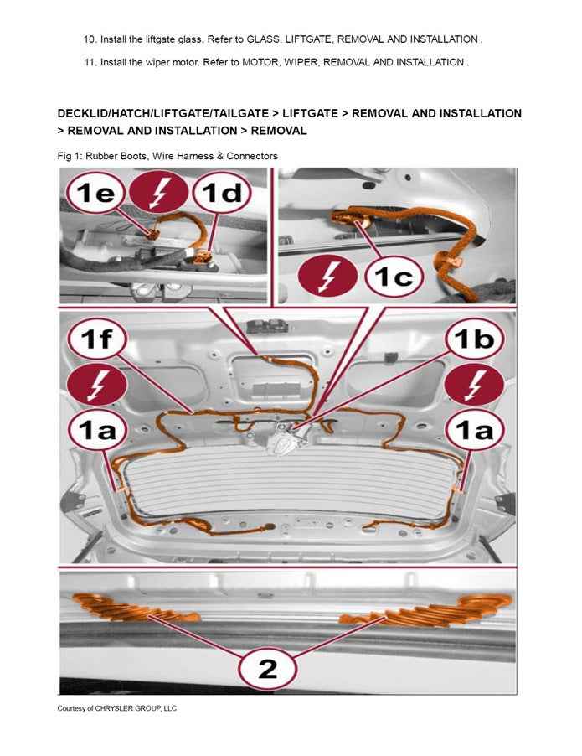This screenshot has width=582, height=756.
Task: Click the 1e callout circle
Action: [95, 195]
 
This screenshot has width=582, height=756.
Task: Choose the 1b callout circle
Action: [473, 341]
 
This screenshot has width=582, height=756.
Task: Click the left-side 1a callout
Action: [95, 433]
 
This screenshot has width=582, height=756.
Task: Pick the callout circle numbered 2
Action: [267, 668]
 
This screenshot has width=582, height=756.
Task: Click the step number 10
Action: [90, 39]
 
